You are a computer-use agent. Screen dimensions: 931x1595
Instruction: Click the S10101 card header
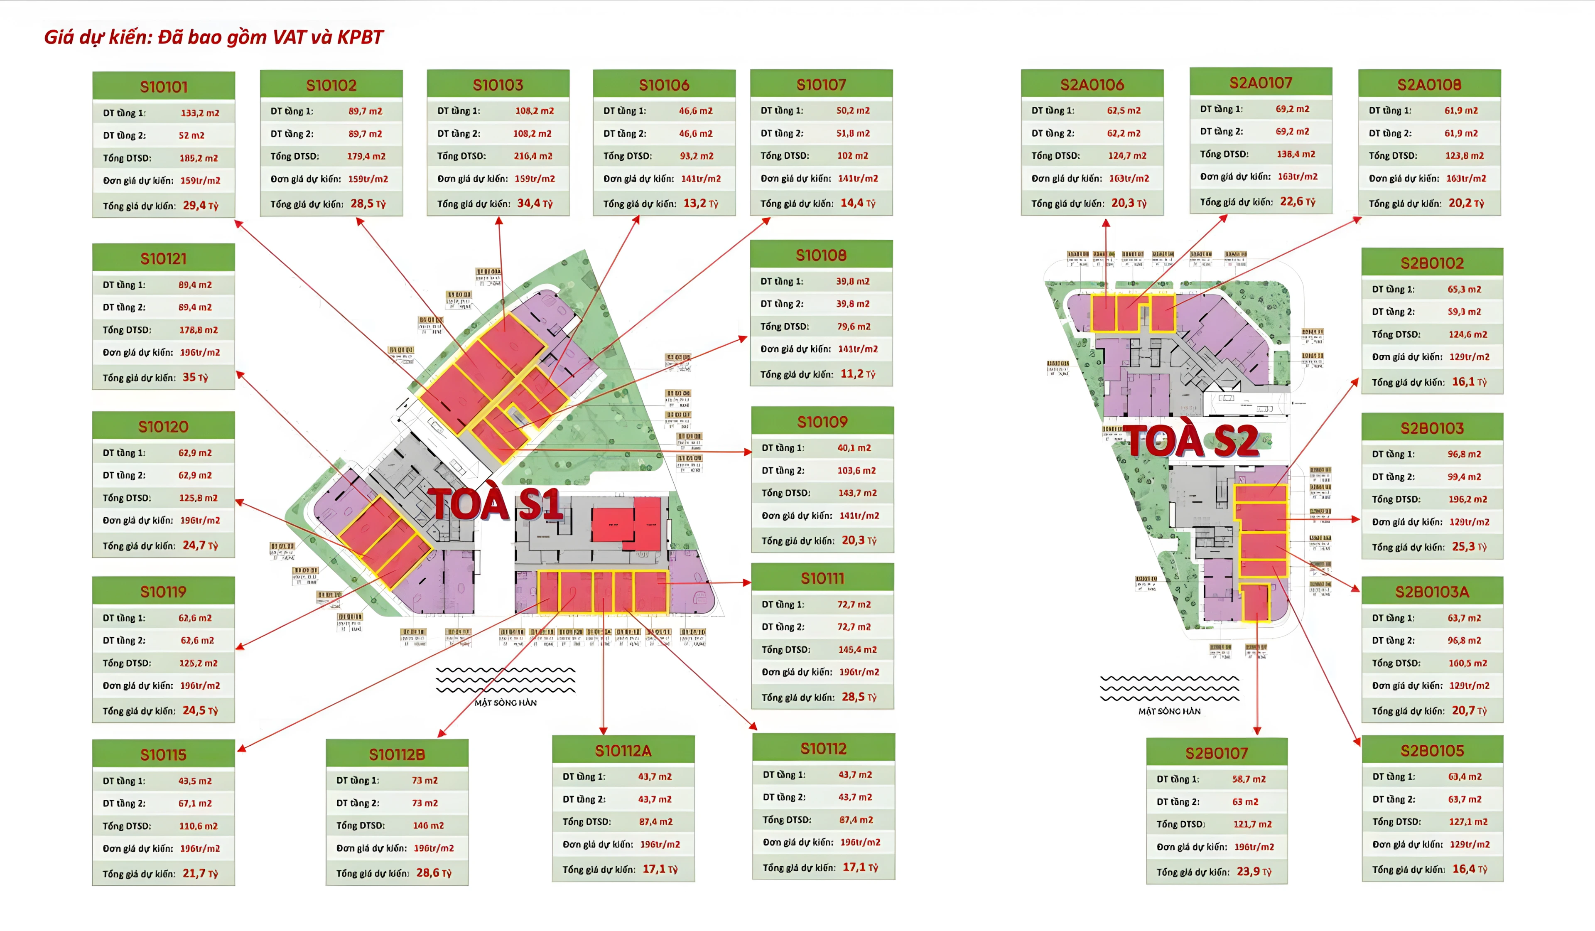(x=163, y=87)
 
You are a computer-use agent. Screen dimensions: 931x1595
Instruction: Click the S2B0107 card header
(x=1216, y=753)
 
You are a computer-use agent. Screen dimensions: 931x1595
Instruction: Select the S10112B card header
(x=397, y=754)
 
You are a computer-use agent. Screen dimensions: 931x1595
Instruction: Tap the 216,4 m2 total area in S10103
(x=532, y=156)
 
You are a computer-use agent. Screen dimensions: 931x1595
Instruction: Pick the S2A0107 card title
(x=1260, y=83)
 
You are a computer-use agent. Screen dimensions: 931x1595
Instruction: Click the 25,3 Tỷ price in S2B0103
(x=1468, y=546)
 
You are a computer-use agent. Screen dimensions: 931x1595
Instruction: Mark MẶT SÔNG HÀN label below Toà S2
(x=1169, y=711)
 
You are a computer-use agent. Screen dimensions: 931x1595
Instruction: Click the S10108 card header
(x=821, y=255)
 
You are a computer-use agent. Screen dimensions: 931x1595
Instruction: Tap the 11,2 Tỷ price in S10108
(x=857, y=374)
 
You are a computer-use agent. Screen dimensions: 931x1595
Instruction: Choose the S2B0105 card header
(x=1432, y=751)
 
